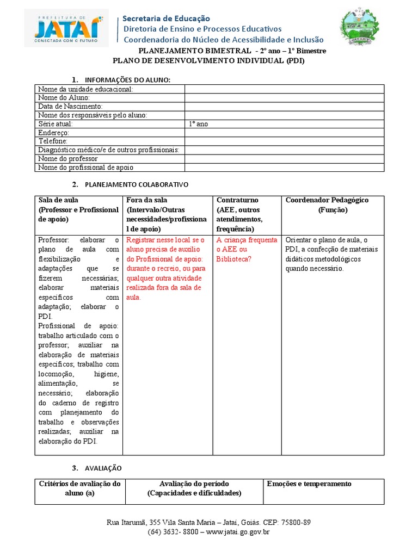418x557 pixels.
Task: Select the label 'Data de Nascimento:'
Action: pyautogui.click(x=70, y=107)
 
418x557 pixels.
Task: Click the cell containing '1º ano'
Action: pyautogui.click(x=198, y=124)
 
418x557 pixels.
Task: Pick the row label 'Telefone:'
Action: pyautogui.click(x=53, y=141)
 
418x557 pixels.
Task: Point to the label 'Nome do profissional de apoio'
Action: pyautogui.click(x=85, y=168)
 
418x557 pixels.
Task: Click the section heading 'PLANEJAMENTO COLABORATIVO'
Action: pyautogui.click(x=137, y=184)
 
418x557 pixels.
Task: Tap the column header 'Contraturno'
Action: pyautogui.click(x=237, y=200)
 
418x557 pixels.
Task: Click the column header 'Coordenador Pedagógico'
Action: pyautogui.click(x=327, y=200)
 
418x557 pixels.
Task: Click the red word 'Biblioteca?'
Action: pyautogui.click(x=233, y=259)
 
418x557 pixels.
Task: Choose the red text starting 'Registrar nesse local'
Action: pyautogui.click(x=165, y=240)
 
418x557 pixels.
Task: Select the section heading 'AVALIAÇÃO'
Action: pyautogui.click(x=103, y=468)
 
